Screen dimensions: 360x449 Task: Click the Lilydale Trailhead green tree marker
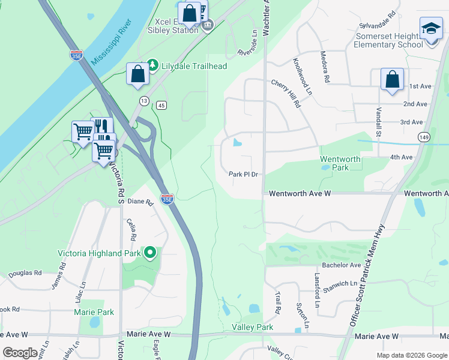coord(152,65)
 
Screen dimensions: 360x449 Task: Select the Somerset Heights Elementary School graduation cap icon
coord(430,29)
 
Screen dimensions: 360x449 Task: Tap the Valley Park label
coord(253,327)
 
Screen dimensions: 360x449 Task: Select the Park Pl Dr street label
coord(243,175)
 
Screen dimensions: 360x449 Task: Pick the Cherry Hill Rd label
coord(286,94)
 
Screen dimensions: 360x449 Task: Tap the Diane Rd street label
coord(140,202)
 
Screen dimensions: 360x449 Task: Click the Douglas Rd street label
coord(25,272)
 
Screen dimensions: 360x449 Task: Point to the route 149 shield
coord(423,136)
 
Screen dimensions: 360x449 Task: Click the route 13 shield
coord(144,100)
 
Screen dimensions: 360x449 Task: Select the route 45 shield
coord(161,106)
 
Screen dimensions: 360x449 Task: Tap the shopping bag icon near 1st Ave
coord(392,79)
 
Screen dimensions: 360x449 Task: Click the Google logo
coord(20,352)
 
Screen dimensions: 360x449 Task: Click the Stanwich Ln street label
coord(340,283)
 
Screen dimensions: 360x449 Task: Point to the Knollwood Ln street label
coord(303,77)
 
